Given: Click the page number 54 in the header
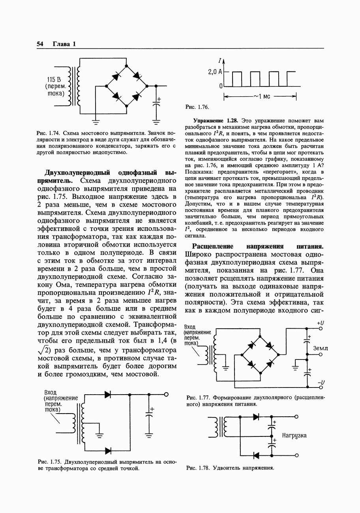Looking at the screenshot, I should coord(40,44).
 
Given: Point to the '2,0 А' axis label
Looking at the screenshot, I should coord(215,72).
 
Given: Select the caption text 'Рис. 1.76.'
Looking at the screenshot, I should coord(197,107).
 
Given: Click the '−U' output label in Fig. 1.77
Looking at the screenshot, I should coord(321,382).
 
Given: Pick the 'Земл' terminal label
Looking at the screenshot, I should coord(321,348).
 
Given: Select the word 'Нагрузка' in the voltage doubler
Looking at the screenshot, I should coord(294,436).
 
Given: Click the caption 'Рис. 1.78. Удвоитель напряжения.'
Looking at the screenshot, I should coord(230,468).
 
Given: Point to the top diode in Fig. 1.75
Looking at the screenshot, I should coord(107,394).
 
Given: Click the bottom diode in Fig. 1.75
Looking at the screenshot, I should coord(107,450).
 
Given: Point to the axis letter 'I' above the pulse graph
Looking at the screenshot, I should coord(220,61).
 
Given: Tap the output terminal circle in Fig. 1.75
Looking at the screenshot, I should coord(166,394).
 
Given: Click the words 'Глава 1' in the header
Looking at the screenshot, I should coord(64,44).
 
